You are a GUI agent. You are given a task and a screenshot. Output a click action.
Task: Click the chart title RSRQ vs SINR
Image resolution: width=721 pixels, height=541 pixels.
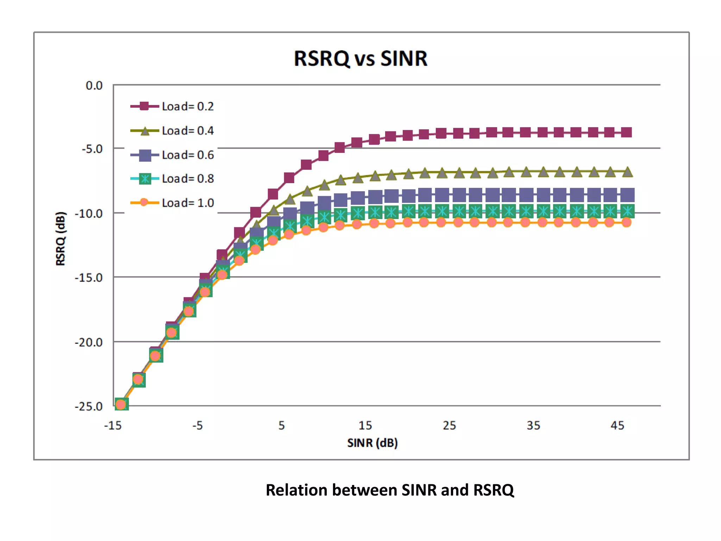[360, 58]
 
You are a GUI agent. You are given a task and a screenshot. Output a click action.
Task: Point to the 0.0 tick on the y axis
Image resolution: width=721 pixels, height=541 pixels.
[94, 86]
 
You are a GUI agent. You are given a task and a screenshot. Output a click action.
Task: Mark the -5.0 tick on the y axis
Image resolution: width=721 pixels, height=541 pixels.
[92, 149]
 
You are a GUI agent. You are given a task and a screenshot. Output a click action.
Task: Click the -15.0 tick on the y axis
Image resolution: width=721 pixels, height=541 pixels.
[89, 278]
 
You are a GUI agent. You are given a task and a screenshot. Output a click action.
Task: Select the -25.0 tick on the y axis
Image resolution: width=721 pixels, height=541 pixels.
[89, 406]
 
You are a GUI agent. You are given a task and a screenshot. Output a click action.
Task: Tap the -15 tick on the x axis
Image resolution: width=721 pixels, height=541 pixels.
[113, 425]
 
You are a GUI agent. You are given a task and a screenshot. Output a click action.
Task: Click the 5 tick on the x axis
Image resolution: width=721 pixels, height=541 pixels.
[282, 425]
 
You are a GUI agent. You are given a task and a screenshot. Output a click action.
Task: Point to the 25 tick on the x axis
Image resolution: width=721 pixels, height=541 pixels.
[449, 425]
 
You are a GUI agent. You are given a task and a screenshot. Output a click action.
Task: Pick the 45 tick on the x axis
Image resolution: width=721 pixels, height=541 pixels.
[617, 425]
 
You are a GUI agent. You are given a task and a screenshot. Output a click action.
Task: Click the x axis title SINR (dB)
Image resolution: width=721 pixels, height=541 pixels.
[372, 443]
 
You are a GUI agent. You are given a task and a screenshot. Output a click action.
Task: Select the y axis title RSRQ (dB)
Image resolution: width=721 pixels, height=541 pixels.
[61, 238]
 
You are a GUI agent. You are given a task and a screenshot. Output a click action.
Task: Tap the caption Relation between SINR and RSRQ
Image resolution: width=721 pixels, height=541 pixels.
[390, 490]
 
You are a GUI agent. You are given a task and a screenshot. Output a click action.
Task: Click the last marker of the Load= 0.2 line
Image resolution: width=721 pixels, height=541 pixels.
[626, 132]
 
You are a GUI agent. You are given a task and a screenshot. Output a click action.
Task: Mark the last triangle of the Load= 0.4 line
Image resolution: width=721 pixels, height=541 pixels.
[627, 172]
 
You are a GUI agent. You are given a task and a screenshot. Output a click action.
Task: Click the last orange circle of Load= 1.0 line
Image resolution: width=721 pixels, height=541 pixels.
[626, 222]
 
